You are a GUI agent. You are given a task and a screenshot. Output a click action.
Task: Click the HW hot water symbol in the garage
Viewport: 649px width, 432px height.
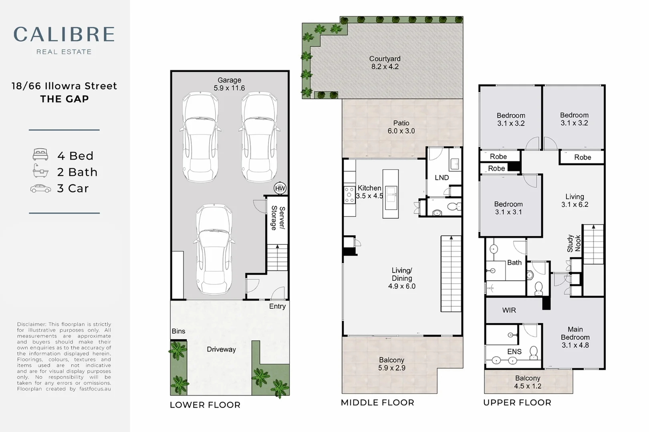tap(280, 188)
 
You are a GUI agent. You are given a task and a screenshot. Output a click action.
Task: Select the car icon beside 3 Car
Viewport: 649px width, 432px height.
tap(40, 188)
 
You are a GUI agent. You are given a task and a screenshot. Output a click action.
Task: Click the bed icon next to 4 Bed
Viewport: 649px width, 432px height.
tap(40, 154)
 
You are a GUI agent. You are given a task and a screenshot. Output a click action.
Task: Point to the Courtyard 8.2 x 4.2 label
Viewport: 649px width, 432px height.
tap(385, 63)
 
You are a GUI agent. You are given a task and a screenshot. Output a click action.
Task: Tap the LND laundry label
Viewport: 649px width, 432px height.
tap(441, 178)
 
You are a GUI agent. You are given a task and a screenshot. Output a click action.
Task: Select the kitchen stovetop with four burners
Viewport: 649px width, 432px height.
tap(349, 195)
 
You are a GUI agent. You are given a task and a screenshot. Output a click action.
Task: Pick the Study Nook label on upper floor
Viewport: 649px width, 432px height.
tap(574, 243)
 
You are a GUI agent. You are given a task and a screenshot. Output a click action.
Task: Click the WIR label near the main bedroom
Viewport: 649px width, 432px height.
tap(509, 310)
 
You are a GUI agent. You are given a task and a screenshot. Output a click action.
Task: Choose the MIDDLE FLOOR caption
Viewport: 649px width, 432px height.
tap(377, 403)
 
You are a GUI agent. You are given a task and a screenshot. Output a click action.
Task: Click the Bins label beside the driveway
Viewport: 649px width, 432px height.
tap(178, 331)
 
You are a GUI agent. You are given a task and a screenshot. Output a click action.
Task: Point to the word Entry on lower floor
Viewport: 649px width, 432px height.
tap(277, 306)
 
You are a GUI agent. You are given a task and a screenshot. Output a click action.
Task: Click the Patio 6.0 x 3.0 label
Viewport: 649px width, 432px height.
tap(401, 127)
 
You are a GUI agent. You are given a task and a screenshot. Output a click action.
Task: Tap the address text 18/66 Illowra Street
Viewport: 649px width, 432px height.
tap(64, 86)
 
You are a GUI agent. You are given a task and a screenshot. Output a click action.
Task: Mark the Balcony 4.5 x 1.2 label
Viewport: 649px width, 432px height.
tap(528, 382)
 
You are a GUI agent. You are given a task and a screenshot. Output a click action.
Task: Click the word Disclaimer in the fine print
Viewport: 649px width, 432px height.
tap(31, 324)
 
